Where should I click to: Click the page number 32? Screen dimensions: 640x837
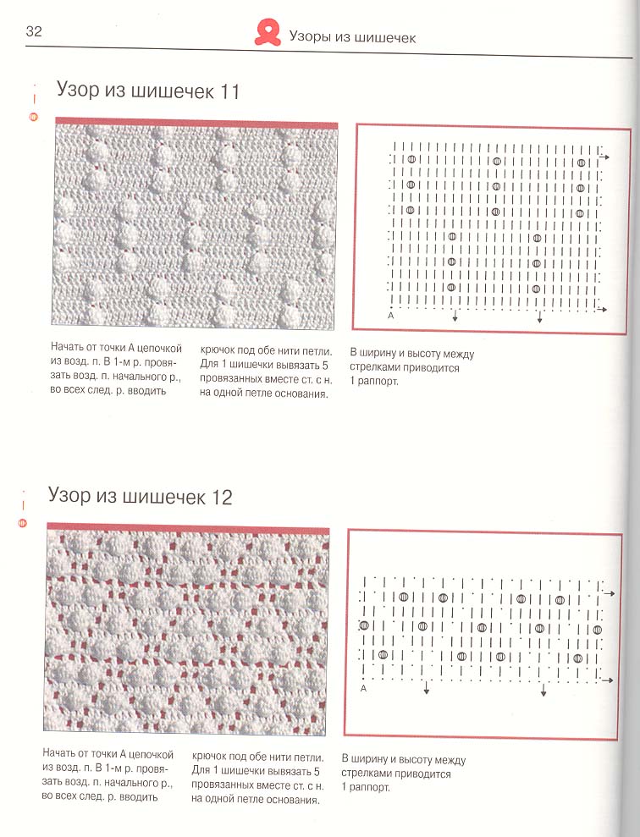33,31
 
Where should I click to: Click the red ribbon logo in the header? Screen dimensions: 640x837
268,32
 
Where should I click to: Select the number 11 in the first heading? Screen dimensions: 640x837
229,91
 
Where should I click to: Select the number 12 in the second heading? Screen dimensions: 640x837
222,498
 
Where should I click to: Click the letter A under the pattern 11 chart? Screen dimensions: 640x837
391,316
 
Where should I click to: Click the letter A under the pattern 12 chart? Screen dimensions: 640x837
363,689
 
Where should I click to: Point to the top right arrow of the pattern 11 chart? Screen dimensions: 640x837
604,157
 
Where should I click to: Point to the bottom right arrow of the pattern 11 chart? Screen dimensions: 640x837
602,309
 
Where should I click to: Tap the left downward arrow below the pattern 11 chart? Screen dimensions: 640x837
455,316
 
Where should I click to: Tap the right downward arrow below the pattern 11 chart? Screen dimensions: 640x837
539,317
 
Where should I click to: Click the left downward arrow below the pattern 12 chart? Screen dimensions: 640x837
427,688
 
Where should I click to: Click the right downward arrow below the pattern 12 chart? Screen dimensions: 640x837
543,690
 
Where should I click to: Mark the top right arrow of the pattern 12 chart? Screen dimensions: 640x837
610,593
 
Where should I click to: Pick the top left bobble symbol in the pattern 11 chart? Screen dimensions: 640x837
411,159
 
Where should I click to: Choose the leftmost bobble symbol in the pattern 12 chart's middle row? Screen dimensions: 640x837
365,625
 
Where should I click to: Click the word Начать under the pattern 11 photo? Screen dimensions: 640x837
67,348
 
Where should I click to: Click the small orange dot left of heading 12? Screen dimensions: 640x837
22,523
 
